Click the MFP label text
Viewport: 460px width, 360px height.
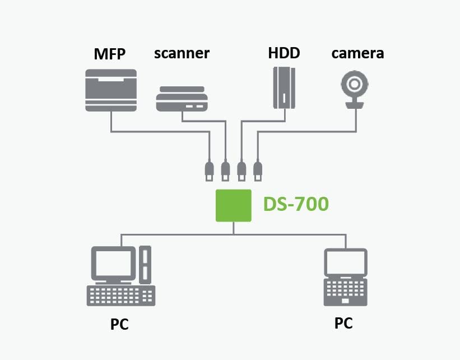(110, 54)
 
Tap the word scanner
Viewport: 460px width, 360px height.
(182, 53)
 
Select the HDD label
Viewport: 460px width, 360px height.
(284, 53)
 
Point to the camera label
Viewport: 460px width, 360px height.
(357, 53)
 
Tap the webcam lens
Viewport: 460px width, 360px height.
(355, 85)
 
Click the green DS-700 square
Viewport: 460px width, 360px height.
(234, 205)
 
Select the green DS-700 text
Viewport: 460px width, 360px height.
(296, 204)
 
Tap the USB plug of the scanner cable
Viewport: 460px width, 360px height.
(225, 169)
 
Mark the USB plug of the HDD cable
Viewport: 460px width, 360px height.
(242, 169)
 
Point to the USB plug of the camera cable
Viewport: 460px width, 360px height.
(258, 169)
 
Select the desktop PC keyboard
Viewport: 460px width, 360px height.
(120, 295)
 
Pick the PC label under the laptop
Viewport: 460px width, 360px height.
(343, 323)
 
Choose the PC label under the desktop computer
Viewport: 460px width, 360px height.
(119, 325)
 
